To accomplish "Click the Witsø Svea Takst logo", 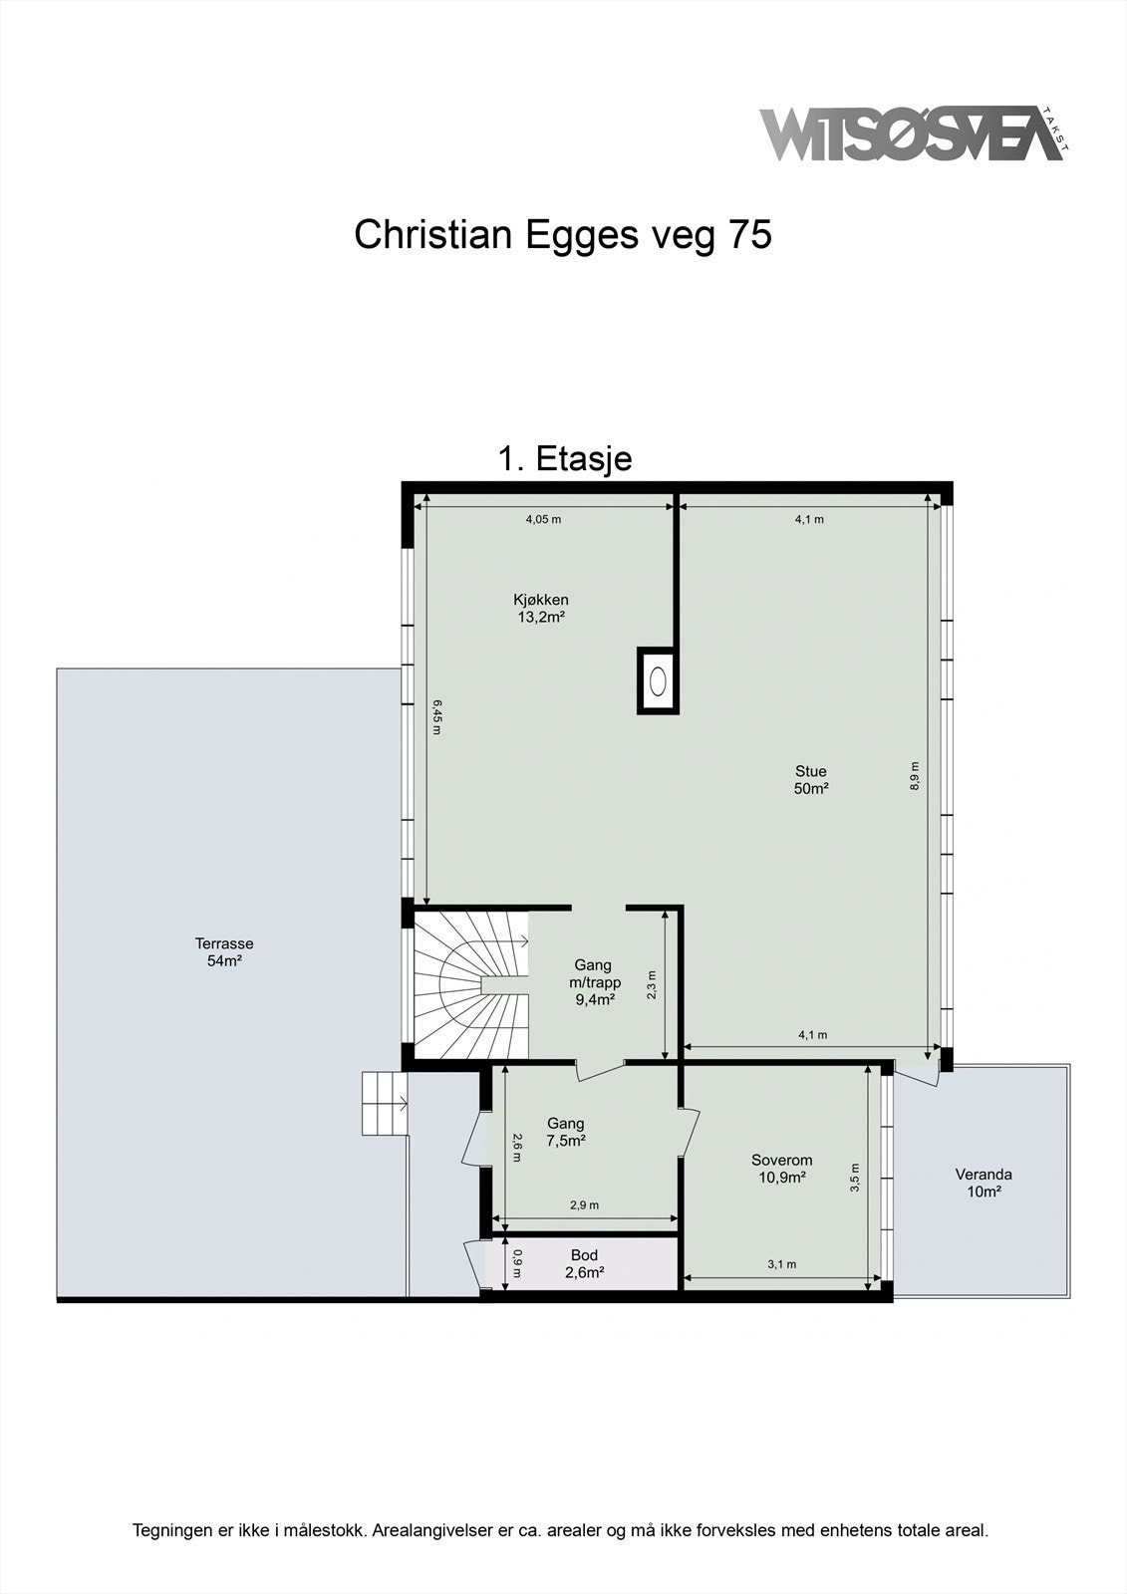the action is (914, 133).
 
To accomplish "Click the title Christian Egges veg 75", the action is (563, 235).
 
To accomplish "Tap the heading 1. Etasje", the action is (565, 458).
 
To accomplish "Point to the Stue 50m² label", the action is (811, 779).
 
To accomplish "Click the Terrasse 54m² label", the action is (224, 952).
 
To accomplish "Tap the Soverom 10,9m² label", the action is (781, 1169).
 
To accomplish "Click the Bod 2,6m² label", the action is (585, 1264).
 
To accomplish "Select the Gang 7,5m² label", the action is (566, 1132).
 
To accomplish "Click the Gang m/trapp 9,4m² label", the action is (594, 982).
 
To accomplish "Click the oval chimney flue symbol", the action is (659, 681).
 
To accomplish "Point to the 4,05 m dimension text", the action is (543, 519).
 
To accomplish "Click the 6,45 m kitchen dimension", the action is (436, 717).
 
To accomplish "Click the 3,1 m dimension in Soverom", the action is (781, 1264).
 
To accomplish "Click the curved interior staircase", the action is (472, 985).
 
